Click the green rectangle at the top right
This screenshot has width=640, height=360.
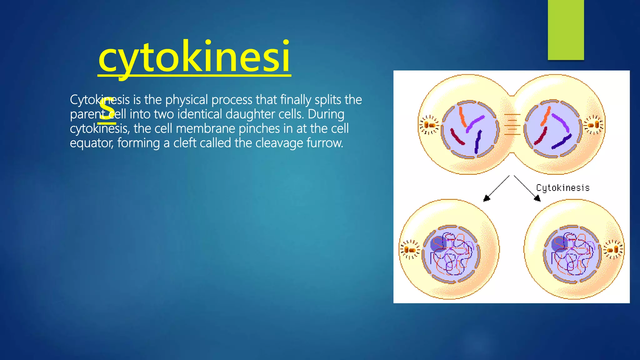pos(566,30)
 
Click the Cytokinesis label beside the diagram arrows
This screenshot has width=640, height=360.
pos(563,188)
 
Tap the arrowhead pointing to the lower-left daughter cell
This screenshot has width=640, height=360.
pos(487,198)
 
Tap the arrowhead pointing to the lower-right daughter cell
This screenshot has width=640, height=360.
pos(537,198)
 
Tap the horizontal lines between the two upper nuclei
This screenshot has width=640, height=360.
pos(512,124)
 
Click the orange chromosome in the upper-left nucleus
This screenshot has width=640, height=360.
pos(462,116)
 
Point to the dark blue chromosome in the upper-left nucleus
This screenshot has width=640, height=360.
pos(478,142)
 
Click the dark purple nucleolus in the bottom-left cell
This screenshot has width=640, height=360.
pos(438,244)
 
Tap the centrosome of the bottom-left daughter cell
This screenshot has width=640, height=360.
pos(410,250)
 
